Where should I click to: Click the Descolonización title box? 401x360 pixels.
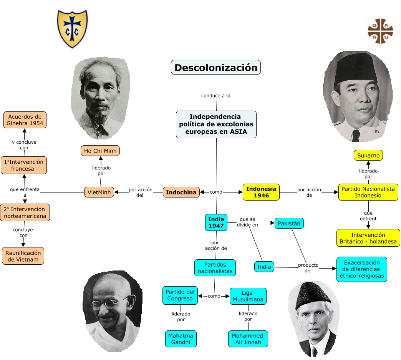pos(216,68)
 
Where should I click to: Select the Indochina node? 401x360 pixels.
pos(181,192)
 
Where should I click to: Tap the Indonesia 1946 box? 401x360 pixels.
pos(261,192)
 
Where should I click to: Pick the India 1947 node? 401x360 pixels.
pos(216,222)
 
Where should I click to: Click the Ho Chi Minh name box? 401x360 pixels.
pos(100,151)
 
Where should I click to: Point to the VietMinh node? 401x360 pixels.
pos(99,192)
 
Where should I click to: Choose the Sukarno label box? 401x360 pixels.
pos(368,155)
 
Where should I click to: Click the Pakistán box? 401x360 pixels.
pos(289,223)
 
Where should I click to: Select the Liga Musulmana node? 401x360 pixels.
pos(248,296)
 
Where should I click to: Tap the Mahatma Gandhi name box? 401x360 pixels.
pos(181,339)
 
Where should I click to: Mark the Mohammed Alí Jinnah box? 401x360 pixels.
pos(247,339)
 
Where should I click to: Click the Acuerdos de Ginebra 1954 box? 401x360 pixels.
pos(25,120)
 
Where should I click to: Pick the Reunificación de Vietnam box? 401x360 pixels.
pos(23,256)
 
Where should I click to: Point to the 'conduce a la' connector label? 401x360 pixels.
pos(216,96)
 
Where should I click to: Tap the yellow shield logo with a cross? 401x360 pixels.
pos(72,29)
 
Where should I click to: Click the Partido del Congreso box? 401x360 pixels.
pos(181,295)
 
